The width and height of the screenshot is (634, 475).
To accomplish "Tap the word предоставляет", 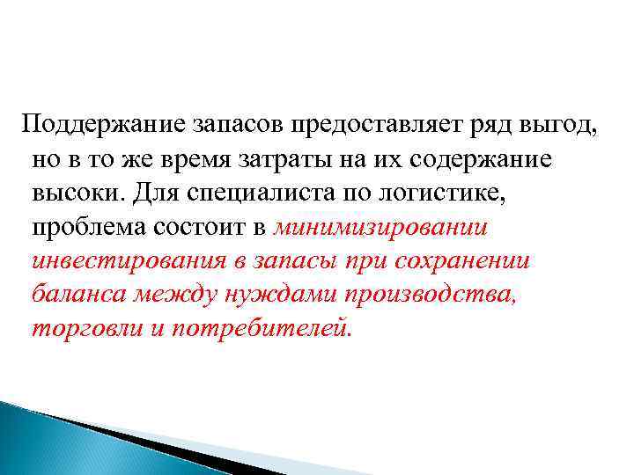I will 383,124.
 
